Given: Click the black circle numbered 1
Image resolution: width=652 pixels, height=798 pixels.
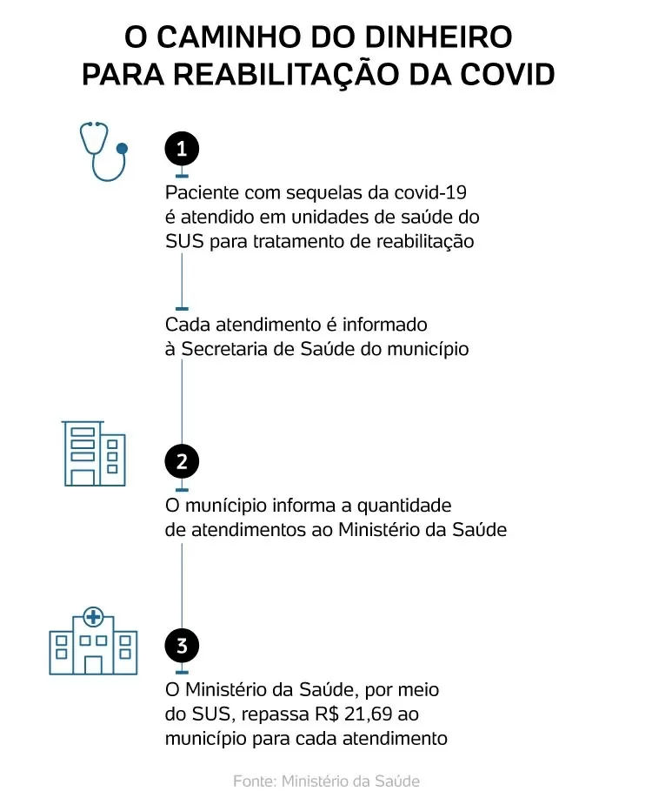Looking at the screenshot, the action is pos(182,149).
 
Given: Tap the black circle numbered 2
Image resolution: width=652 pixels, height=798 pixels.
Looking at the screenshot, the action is pos(182,461).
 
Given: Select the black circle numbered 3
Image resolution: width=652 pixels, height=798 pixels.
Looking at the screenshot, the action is pos(182,646).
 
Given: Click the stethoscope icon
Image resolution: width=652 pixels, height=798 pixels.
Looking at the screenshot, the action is pos(103,151).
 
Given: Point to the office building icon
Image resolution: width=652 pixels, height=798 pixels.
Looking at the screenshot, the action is pos(94,453).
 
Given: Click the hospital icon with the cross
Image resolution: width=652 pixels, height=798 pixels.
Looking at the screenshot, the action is pos(93,641).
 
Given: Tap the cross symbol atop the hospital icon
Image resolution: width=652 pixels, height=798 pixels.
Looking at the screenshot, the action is pos(93,617).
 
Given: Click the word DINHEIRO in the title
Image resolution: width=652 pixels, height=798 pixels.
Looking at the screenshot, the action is pos(438,37).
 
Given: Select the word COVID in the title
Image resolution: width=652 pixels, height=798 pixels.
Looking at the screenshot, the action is pos(508,74).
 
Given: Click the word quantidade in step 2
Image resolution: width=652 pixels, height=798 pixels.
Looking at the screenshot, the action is pos(404,506).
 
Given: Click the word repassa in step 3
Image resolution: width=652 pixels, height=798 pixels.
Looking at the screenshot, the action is pos(275,715).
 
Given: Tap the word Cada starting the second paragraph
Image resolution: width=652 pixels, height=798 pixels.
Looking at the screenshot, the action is pos(188,325).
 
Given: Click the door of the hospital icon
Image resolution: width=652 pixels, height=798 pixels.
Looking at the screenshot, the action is pos(93,665).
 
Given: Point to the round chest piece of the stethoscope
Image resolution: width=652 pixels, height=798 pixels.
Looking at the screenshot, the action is pos(122,149).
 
